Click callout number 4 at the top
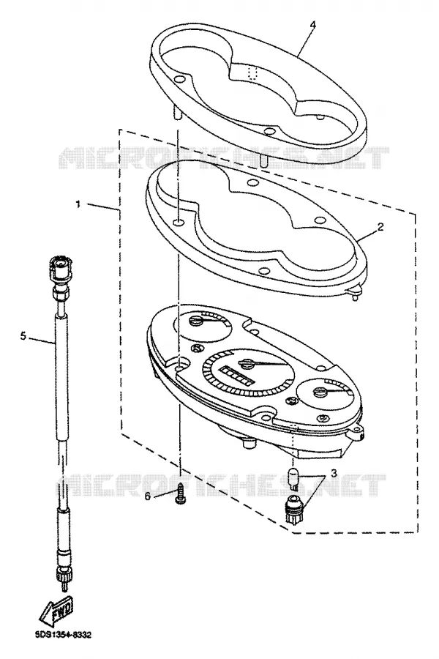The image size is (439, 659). [312, 24]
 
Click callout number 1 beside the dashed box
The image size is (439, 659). [78, 204]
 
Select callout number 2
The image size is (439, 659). [380, 228]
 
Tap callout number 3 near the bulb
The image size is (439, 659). [334, 473]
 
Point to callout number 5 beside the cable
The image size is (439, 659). [23, 336]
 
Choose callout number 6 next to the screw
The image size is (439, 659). [148, 496]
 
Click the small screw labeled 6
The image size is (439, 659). [180, 493]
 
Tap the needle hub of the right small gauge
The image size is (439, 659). [320, 392]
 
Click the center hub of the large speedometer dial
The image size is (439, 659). [246, 362]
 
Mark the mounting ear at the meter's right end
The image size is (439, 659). [358, 431]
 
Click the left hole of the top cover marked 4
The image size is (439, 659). [179, 79]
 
